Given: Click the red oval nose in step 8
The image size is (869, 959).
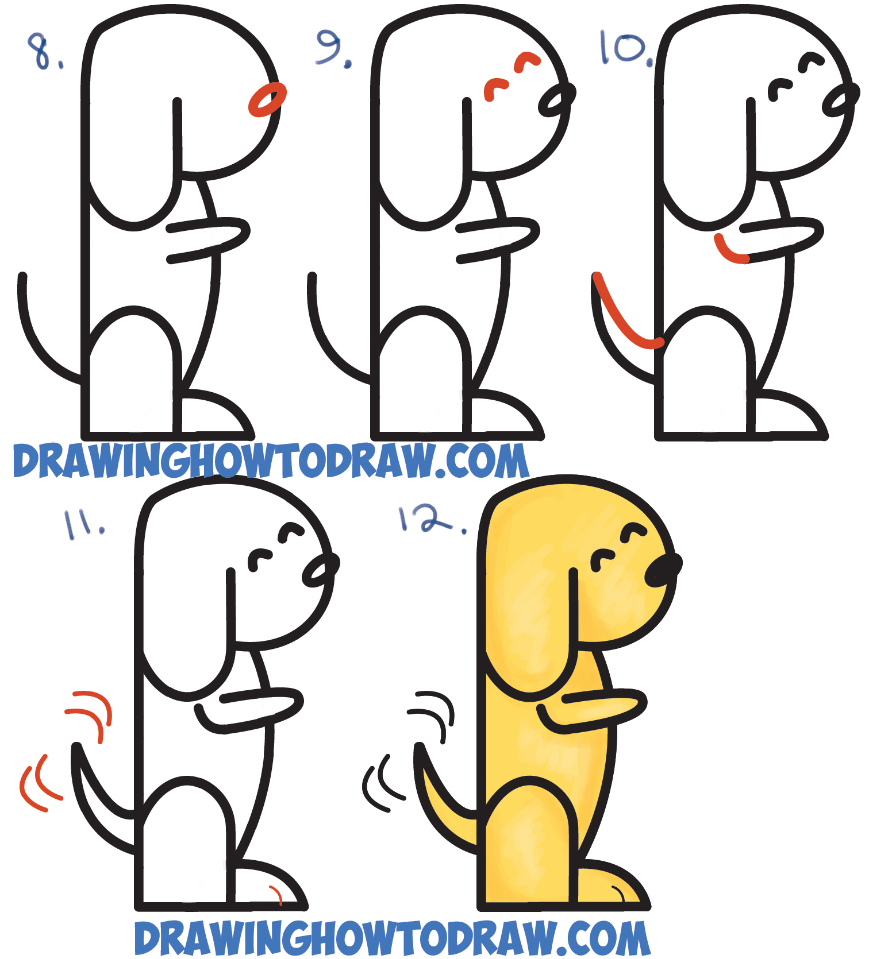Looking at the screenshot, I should [267, 99].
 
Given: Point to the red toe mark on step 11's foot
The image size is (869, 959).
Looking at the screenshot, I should [276, 894].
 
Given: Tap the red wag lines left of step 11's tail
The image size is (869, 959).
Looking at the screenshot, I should [38, 784].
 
